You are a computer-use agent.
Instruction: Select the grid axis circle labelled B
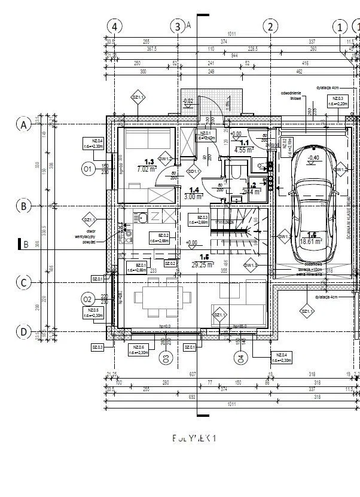[x=23, y=206]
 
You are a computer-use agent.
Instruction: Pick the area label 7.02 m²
[x=146, y=169]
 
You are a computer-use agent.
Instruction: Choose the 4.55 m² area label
[x=245, y=150]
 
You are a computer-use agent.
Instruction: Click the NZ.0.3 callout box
[x=337, y=100]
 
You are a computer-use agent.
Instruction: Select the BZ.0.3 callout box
[x=199, y=219]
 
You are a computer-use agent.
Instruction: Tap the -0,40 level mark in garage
[x=313, y=158]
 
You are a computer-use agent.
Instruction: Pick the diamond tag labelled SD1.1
[x=193, y=172]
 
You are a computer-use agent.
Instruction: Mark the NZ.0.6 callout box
[x=138, y=350]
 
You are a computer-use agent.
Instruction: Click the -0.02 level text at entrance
[x=188, y=101]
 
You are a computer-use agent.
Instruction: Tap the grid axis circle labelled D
[x=23, y=331]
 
